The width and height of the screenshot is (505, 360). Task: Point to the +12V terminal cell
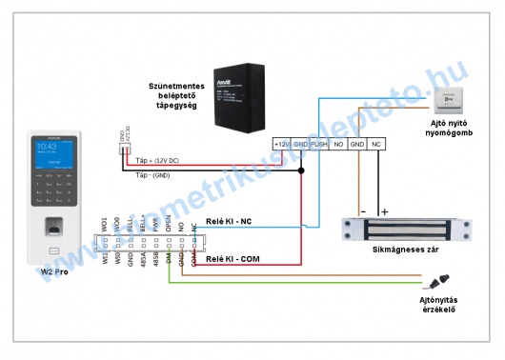click(x=282, y=143)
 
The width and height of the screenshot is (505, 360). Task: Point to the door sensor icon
click(x=438, y=283)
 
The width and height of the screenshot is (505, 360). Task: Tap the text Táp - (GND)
click(x=152, y=177)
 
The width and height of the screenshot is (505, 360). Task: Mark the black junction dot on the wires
click(x=301, y=171)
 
